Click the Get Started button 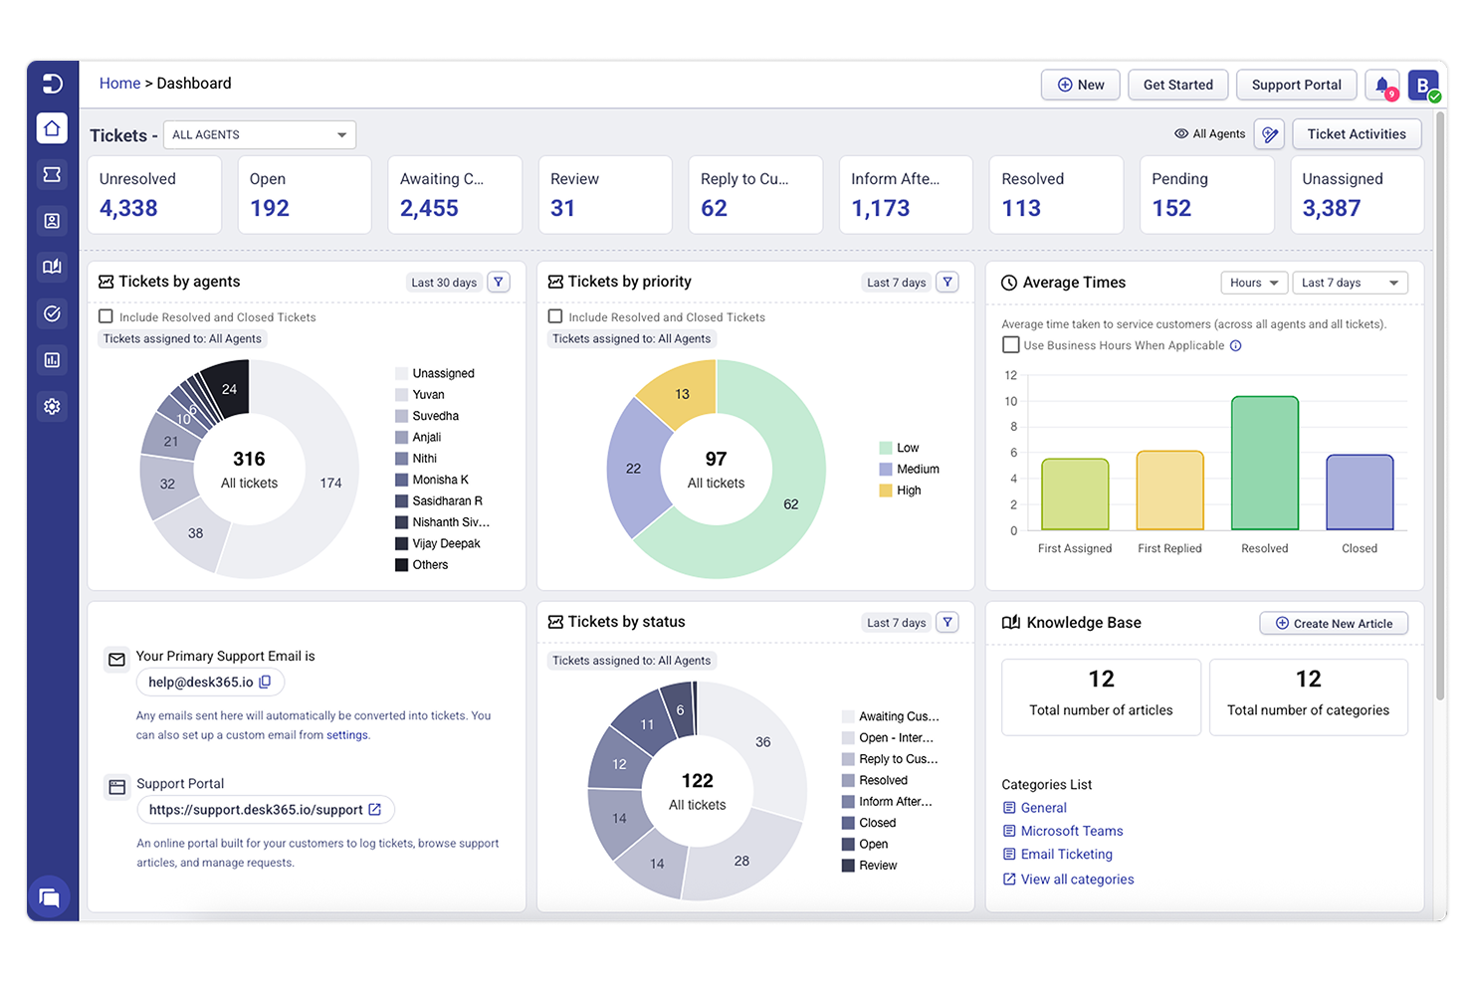coord(1177,85)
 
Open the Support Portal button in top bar coord(1296,85)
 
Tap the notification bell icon coord(1381,86)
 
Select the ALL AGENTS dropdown coord(259,134)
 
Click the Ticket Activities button coord(1356,134)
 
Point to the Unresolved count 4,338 coord(128,208)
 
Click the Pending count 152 coord(1171,208)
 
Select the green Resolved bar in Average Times coord(1264,463)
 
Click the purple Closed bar coord(1359,492)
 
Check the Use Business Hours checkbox coord(1011,345)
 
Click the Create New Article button coord(1333,623)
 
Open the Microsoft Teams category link coord(1071,831)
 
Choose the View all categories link coord(1077,880)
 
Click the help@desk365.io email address coord(201,683)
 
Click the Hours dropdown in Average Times coord(1253,283)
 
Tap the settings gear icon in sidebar coord(52,406)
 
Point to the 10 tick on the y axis coord(1011,401)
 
